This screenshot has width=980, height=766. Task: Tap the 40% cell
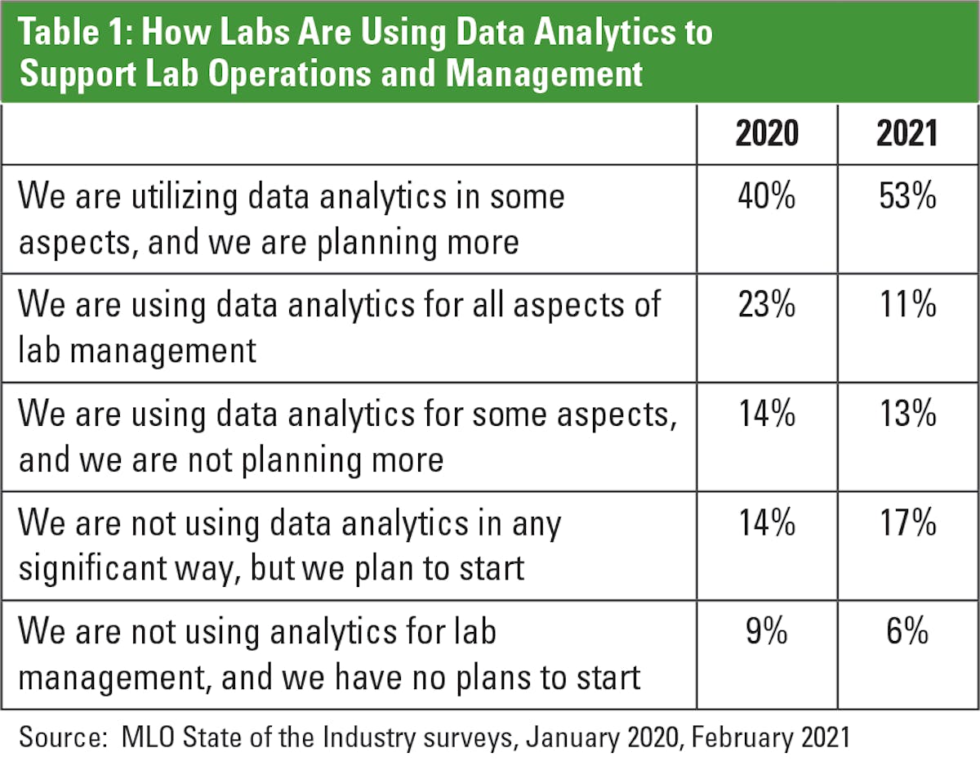pyautogui.click(x=766, y=198)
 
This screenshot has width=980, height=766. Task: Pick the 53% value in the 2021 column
pyautogui.click(x=906, y=198)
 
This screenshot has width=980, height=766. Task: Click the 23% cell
pyautogui.click(x=766, y=306)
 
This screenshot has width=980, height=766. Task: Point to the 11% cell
pyautogui.click(x=907, y=306)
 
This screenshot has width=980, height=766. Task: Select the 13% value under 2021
pyautogui.click(x=907, y=414)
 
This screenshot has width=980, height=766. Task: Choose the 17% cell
pyautogui.click(x=907, y=523)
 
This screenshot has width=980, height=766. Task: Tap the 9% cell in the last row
pyautogui.click(x=766, y=632)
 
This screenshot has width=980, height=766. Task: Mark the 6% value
pyautogui.click(x=907, y=632)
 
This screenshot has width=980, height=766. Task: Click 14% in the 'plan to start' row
pyautogui.click(x=766, y=523)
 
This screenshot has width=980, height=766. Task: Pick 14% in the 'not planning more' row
pyautogui.click(x=766, y=414)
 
